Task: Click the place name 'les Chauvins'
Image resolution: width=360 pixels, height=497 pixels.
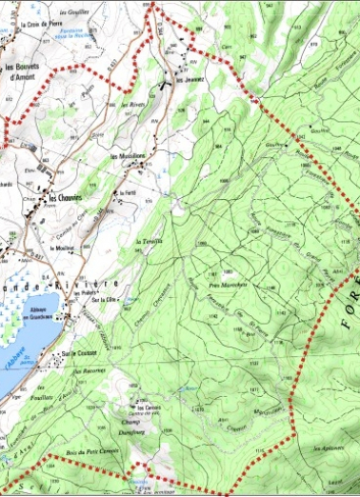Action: tap(69, 198)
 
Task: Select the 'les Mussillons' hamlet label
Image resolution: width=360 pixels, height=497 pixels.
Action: tap(129, 155)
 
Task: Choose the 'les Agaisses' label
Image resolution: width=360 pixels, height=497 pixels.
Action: tap(329, 447)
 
